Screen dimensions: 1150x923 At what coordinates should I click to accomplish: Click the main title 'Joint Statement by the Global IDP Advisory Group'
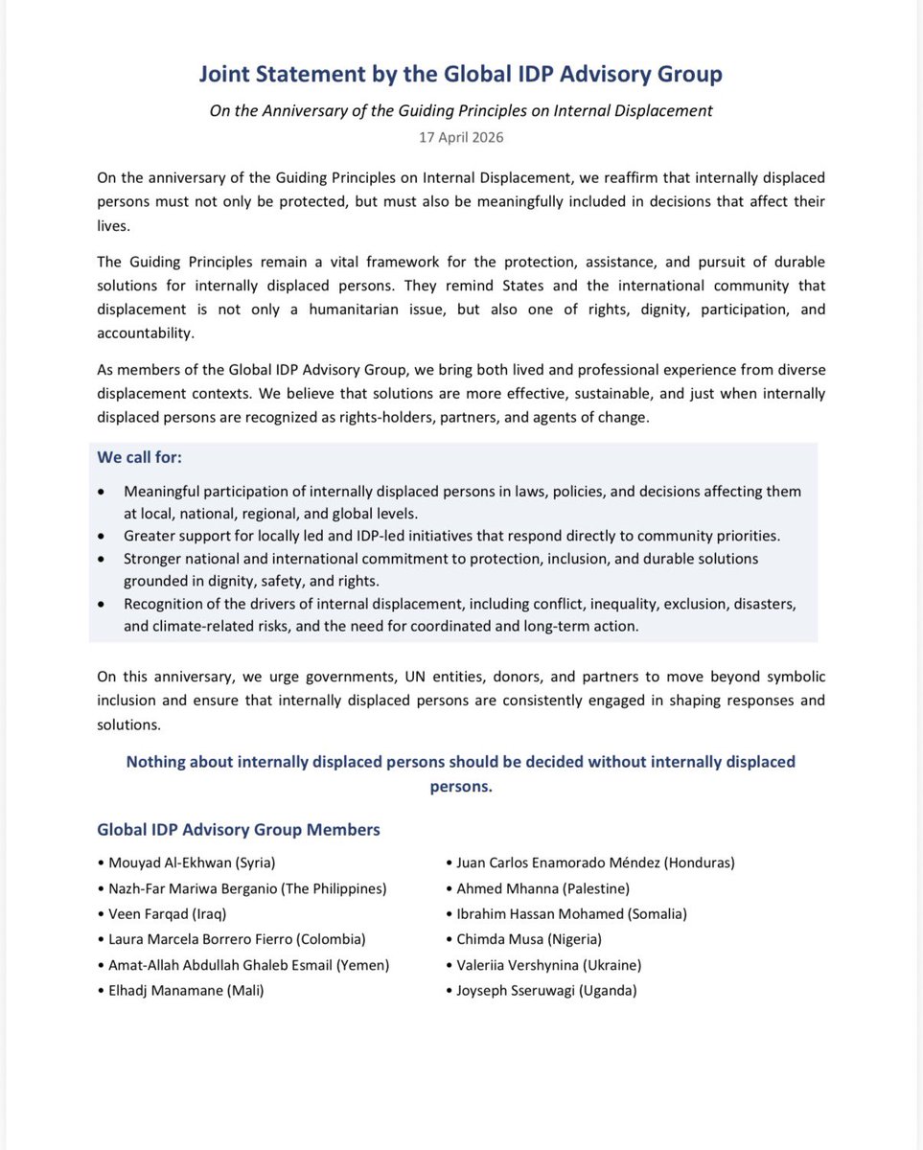(x=461, y=74)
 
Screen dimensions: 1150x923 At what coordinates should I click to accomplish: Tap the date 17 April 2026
(x=461, y=137)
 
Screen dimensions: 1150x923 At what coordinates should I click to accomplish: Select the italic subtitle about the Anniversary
(x=461, y=110)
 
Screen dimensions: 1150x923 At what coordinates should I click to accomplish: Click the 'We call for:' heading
(x=139, y=458)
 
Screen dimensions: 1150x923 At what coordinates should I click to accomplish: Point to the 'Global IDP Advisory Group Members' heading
(x=239, y=830)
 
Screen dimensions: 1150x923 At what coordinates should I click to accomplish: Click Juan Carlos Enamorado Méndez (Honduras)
(x=594, y=862)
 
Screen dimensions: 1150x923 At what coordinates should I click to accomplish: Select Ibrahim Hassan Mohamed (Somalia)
(x=571, y=914)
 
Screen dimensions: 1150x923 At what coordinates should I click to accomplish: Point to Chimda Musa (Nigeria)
(x=528, y=939)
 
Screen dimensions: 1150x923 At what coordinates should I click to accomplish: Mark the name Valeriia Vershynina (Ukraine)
(x=548, y=965)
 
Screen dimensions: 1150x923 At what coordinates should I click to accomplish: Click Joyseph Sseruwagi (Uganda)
(x=545, y=991)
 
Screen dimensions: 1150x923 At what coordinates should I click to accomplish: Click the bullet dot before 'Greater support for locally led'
(x=103, y=536)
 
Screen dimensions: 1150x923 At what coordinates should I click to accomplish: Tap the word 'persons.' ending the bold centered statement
(x=461, y=787)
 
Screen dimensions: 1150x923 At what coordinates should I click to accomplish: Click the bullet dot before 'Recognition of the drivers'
(x=103, y=605)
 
